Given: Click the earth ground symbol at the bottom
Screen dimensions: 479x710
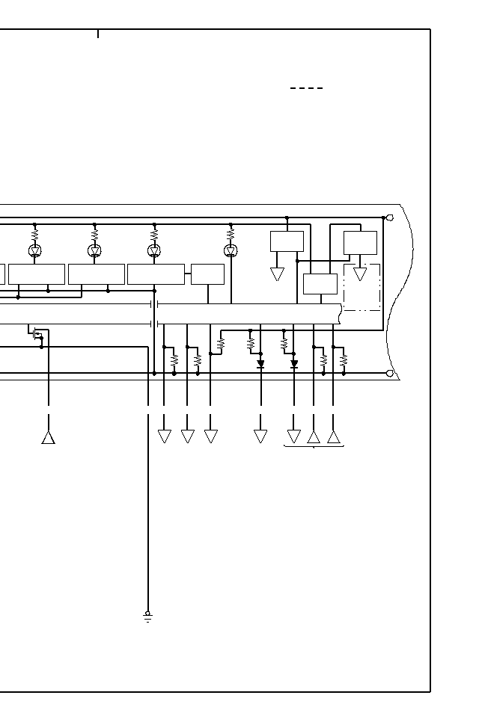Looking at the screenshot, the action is tap(147, 617).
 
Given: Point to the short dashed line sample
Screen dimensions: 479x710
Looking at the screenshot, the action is tap(306, 88).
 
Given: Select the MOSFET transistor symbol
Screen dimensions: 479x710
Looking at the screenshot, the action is tap(37, 333).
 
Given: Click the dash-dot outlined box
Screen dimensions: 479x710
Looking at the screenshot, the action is tap(362, 287).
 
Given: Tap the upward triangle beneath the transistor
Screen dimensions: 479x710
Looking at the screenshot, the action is tap(49, 437).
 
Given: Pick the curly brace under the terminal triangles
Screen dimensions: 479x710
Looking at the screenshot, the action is tap(314, 447).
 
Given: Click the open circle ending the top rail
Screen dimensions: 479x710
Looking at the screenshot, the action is tap(389, 217).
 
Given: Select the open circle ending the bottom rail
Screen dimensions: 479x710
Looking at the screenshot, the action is tap(389, 373).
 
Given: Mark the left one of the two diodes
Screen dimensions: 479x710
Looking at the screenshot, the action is tap(260, 364).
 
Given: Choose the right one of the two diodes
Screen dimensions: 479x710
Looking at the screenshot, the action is tap(294, 365).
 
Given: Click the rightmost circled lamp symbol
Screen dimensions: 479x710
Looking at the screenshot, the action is tap(231, 250).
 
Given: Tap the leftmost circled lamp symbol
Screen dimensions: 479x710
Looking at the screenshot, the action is tap(34, 250).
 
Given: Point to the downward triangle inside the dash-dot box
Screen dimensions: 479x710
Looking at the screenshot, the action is tap(360, 274).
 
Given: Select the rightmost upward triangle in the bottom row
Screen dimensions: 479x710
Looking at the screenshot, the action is tap(334, 437).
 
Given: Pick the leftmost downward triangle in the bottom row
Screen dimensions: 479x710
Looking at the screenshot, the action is tap(165, 436).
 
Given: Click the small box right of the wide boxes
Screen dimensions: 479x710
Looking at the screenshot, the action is tap(207, 274).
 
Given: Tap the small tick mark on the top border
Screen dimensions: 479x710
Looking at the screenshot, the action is tap(98, 34).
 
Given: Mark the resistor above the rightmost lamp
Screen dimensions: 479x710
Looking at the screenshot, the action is tap(231, 234).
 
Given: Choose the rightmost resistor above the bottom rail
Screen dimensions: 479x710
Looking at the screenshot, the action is tap(344, 359).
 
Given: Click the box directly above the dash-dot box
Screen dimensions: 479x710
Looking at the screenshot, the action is tap(360, 243).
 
